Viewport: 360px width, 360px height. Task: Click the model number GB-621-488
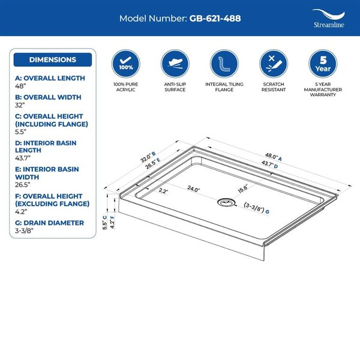pyautogui.click(x=215, y=19)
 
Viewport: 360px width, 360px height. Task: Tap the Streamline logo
pyautogui.click(x=329, y=19)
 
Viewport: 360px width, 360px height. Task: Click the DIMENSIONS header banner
pyautogui.click(x=53, y=59)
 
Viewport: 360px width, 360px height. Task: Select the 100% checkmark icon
pyautogui.click(x=126, y=64)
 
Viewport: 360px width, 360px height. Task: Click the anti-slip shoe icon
pyautogui.click(x=175, y=64)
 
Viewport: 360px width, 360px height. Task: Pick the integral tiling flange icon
pyautogui.click(x=224, y=64)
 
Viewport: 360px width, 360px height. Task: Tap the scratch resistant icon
pyautogui.click(x=274, y=64)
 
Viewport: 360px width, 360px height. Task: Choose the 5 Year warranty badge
pyautogui.click(x=323, y=64)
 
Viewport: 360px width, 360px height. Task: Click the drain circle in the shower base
pyautogui.click(x=226, y=202)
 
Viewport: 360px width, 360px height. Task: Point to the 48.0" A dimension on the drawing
pyautogui.click(x=273, y=157)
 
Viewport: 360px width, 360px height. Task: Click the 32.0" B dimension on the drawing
pyautogui.click(x=148, y=157)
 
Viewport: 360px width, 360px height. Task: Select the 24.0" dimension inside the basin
pyautogui.click(x=194, y=189)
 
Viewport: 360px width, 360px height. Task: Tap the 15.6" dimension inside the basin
pyautogui.click(x=243, y=188)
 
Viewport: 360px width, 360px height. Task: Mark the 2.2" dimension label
pyautogui.click(x=163, y=191)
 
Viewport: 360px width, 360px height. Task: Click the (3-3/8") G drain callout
pyautogui.click(x=256, y=208)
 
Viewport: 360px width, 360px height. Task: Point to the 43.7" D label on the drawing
pyautogui.click(x=269, y=164)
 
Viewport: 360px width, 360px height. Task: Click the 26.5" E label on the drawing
pyautogui.click(x=153, y=163)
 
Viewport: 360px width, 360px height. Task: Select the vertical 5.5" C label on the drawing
pyautogui.click(x=104, y=223)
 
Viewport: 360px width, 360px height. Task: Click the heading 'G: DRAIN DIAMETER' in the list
pyautogui.click(x=49, y=223)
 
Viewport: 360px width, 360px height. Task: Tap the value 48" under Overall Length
pyautogui.click(x=20, y=86)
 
